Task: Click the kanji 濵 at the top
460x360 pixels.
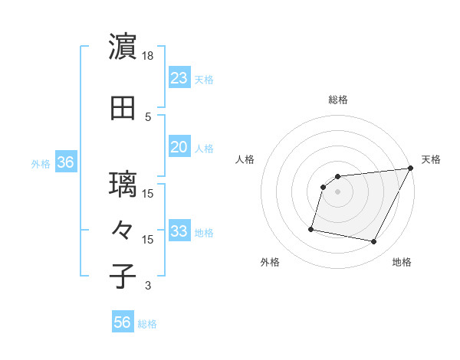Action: click(x=123, y=47)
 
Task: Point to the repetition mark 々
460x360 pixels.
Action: click(x=123, y=231)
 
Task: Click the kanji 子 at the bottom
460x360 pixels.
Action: click(x=123, y=277)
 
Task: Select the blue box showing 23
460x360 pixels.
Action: click(x=179, y=78)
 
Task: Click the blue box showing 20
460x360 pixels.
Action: click(x=179, y=147)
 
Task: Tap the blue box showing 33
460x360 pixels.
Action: click(x=179, y=231)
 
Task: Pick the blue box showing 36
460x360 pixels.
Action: click(x=65, y=162)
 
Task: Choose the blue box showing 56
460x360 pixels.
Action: click(x=123, y=322)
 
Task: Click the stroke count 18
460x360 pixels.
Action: click(x=148, y=56)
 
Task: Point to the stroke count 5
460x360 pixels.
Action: click(x=148, y=116)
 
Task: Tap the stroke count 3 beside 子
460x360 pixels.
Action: click(x=148, y=286)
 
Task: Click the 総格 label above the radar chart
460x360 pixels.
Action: click(x=338, y=100)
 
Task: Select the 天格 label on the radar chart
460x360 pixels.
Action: click(x=431, y=159)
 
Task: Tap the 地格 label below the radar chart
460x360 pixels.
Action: click(x=402, y=262)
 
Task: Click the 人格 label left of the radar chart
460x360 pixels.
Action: click(x=245, y=159)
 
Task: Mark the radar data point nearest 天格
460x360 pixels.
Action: click(x=410, y=169)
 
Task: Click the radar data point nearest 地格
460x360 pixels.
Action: click(x=374, y=242)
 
